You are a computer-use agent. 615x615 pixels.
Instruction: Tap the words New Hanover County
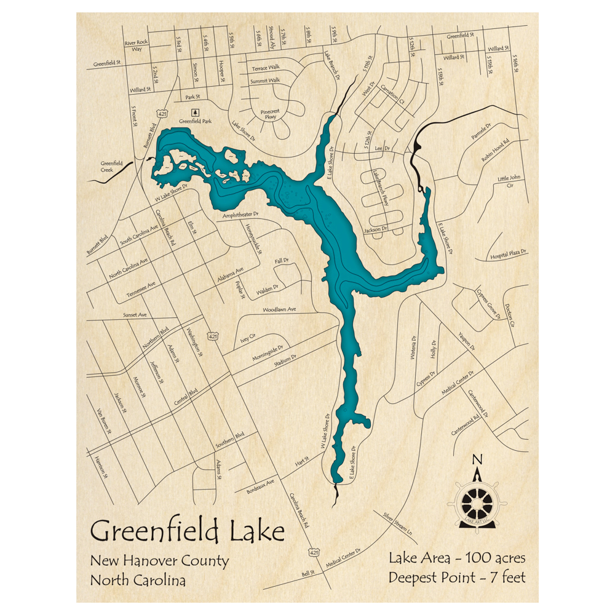click(x=159, y=561)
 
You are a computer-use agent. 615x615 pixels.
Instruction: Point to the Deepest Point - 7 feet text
click(x=457, y=577)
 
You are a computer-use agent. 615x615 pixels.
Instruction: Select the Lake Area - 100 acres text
click(x=457, y=558)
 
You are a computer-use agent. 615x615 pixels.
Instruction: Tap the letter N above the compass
click(x=477, y=459)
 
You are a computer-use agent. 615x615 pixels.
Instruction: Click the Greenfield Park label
click(x=195, y=122)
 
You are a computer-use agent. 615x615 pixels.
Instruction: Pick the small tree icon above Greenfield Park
click(x=196, y=112)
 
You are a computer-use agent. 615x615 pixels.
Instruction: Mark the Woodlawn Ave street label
click(x=279, y=309)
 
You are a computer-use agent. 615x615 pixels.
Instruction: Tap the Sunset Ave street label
click(x=135, y=315)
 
